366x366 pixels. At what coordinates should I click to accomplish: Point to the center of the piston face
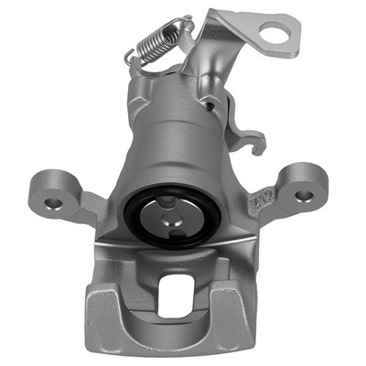pyautogui.click(x=172, y=221)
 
